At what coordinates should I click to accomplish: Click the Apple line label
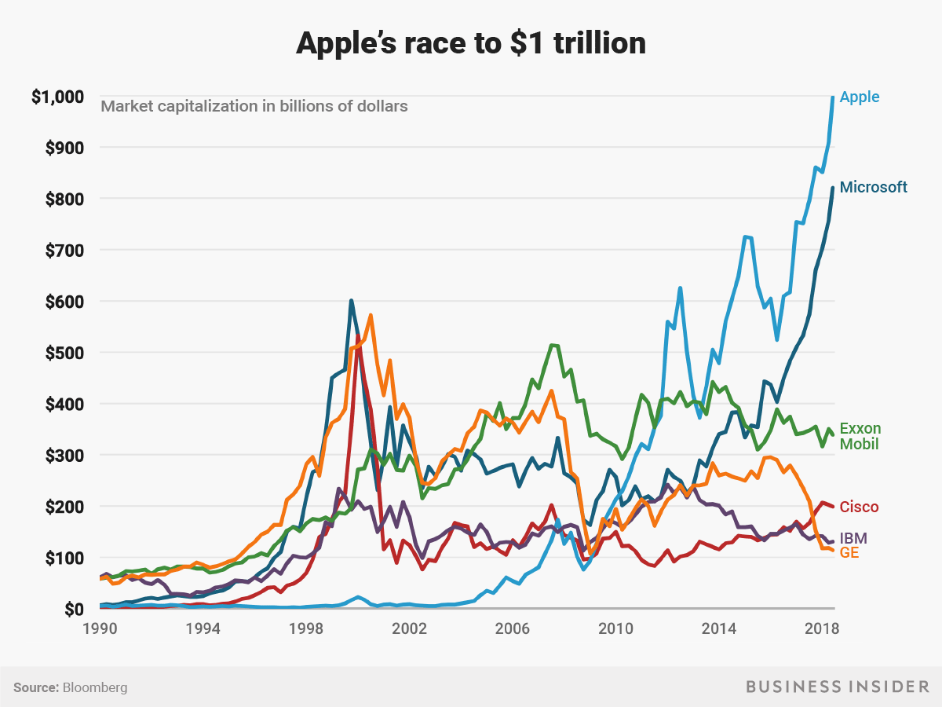(x=860, y=97)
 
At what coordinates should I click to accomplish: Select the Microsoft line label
(x=873, y=187)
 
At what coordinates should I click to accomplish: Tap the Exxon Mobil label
(x=860, y=436)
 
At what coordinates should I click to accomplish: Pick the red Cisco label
(x=859, y=507)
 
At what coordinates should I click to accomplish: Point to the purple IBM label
(x=853, y=538)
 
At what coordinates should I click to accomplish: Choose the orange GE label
(x=849, y=552)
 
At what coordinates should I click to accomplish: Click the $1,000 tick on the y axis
(x=57, y=97)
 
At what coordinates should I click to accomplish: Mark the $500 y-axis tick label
(x=63, y=353)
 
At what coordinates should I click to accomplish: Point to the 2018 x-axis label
(x=821, y=629)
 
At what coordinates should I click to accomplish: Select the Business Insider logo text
(x=837, y=687)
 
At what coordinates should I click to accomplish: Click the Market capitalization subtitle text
(x=254, y=106)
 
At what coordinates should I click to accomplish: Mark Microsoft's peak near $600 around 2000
(x=351, y=300)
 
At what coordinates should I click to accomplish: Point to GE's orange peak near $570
(x=371, y=315)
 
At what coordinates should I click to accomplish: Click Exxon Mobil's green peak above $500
(x=552, y=345)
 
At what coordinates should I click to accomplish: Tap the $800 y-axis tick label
(x=63, y=200)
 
